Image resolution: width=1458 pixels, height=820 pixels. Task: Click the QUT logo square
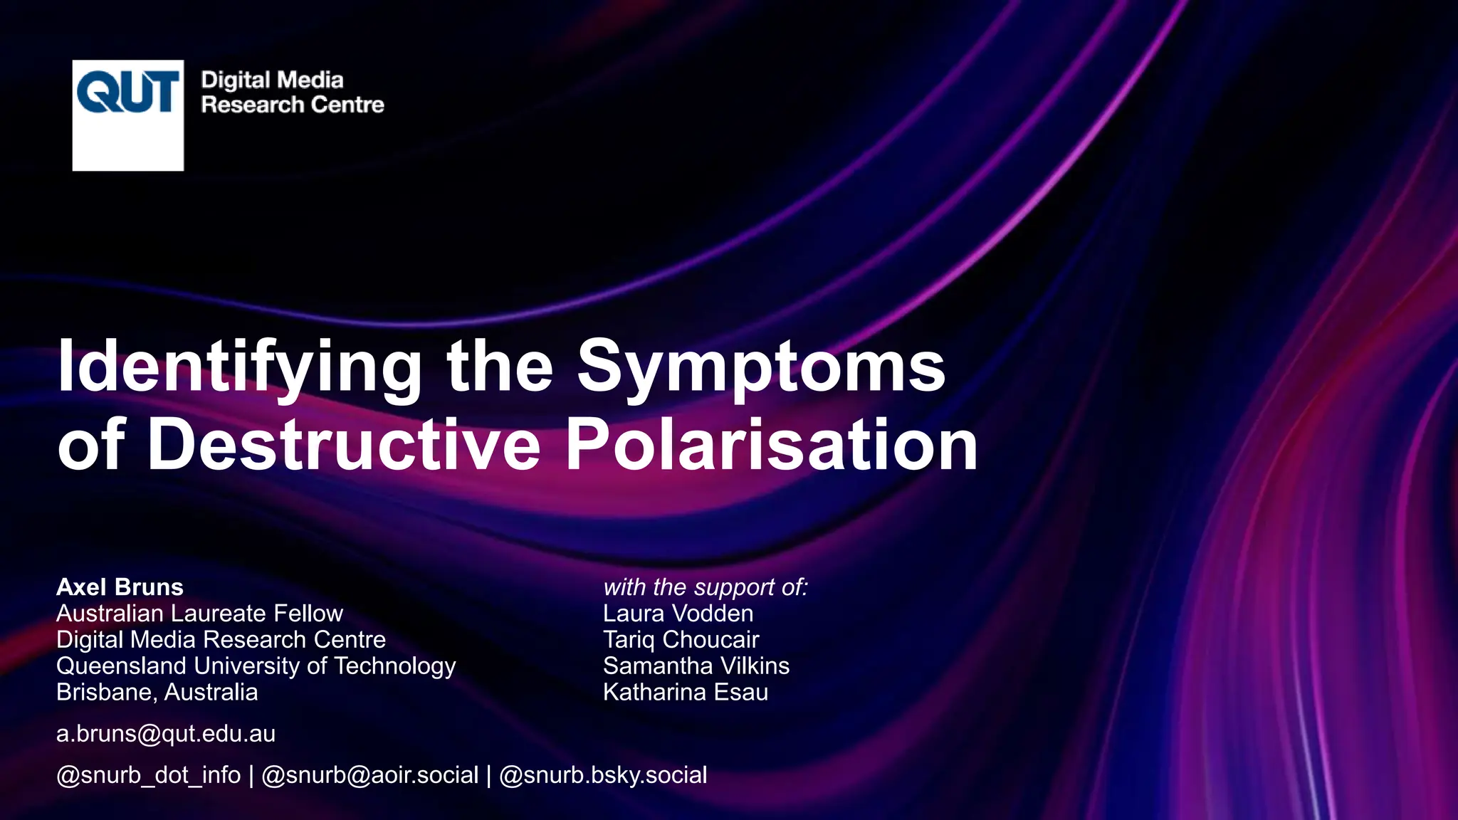[128, 115]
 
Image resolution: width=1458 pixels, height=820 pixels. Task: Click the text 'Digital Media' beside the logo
[272, 80]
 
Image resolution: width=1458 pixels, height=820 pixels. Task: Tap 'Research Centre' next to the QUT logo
[293, 105]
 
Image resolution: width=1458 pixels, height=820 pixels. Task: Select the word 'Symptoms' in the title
[760, 367]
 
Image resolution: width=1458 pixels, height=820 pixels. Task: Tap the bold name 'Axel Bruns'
[120, 587]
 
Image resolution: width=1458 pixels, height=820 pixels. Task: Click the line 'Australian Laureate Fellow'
[199, 614]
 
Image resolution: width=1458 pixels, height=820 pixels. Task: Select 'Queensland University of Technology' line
[256, 666]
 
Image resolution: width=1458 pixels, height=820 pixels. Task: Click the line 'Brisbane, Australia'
[157, 693]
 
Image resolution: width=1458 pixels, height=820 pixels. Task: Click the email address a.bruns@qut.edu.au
[166, 734]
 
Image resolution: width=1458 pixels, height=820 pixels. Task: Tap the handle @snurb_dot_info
[148, 775]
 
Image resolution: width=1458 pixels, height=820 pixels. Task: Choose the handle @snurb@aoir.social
[369, 775]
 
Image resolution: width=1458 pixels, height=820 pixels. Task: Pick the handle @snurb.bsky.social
[603, 775]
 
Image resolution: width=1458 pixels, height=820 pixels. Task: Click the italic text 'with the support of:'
[706, 587]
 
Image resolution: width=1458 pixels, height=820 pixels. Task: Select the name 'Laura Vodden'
[678, 614]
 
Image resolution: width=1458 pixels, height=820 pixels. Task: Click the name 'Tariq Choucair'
[681, 640]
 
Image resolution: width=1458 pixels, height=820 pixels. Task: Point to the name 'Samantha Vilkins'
[696, 666]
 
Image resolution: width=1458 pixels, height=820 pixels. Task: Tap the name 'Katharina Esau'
[685, 693]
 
